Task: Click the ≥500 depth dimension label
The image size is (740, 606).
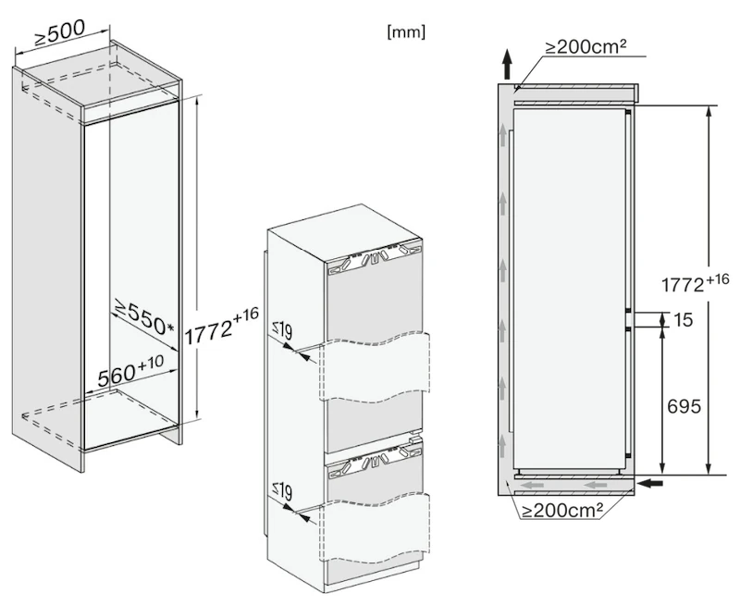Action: (x=59, y=32)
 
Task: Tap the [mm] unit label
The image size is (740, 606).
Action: (x=406, y=32)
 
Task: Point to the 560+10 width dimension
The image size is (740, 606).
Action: (x=130, y=369)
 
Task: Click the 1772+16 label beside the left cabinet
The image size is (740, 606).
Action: (x=221, y=326)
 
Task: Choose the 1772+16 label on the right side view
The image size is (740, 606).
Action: (x=696, y=283)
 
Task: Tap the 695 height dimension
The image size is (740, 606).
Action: (x=684, y=406)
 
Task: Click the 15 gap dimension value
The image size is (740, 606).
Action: (x=684, y=320)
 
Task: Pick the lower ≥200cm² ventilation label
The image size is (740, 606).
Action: (x=562, y=510)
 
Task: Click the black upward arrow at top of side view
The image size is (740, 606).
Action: (x=507, y=64)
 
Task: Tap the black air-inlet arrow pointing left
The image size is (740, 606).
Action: (x=649, y=483)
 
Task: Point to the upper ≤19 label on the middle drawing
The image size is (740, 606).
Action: (x=282, y=330)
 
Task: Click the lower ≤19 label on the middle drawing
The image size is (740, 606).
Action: (x=282, y=491)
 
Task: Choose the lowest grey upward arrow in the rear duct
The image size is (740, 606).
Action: (x=502, y=446)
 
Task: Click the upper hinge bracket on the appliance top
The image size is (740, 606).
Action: (x=374, y=259)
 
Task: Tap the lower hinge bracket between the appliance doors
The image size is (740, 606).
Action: (x=374, y=461)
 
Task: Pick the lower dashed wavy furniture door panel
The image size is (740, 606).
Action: (x=375, y=526)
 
